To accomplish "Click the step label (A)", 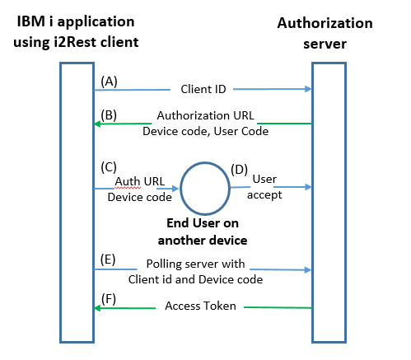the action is click(x=109, y=82).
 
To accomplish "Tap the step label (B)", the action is click(x=109, y=115).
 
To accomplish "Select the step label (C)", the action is click(x=109, y=167).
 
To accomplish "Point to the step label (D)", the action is click(x=239, y=170).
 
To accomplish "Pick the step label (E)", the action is click(x=108, y=259).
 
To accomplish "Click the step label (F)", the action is click(x=109, y=299).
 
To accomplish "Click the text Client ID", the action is click(x=203, y=89).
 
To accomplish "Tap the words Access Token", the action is click(x=200, y=306).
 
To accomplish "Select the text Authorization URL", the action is click(x=205, y=115).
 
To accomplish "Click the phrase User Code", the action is click(x=241, y=131).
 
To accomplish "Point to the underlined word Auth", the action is click(x=128, y=181).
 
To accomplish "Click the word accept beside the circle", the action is click(x=264, y=195).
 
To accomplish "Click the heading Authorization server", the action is click(x=325, y=33).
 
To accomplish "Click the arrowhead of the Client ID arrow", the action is click(x=308, y=89).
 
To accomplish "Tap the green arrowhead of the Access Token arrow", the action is click(x=98, y=308).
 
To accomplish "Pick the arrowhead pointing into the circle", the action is click(x=175, y=189).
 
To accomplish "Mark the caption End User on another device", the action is click(x=203, y=231).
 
